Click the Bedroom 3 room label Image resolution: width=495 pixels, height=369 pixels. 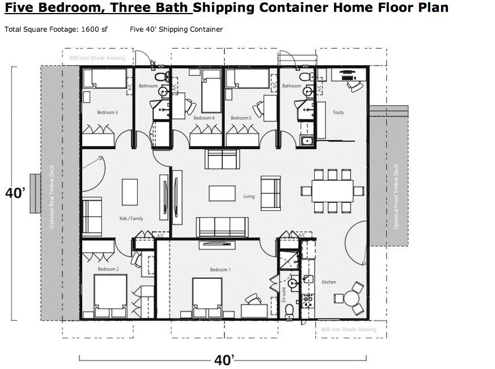(x=107, y=112)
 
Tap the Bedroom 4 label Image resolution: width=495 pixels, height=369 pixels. (x=204, y=118)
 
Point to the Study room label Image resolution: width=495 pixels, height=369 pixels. (x=338, y=112)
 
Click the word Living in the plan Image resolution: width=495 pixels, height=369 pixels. (x=249, y=197)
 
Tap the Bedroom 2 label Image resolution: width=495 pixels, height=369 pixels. (x=108, y=269)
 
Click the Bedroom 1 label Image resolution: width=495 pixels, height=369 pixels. (x=221, y=270)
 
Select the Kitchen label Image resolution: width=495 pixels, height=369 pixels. (x=329, y=282)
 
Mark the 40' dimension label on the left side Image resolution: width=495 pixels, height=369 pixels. (x=15, y=193)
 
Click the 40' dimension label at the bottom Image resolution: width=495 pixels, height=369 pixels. (x=225, y=359)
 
